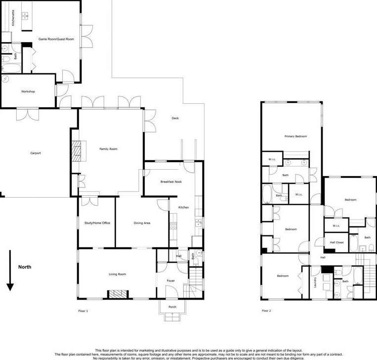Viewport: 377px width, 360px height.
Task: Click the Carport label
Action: pos(35,153)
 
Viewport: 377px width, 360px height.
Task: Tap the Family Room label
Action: pos(108,149)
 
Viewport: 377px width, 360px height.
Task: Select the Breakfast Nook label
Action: pos(171,182)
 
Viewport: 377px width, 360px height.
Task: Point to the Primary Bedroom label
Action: pos(295,136)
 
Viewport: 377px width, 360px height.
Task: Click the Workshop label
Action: pos(28,91)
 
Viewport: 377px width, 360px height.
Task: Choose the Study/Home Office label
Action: pos(97,223)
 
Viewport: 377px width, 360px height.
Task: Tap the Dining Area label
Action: pos(142,223)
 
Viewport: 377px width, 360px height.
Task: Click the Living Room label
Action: pos(118,274)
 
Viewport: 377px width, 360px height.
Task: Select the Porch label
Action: pos(172,307)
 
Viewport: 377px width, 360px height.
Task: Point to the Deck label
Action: pos(175,118)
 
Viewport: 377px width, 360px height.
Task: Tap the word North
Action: pos(25,267)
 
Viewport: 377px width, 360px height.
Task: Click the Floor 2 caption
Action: pos(266,311)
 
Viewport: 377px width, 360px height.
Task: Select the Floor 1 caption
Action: pos(83,311)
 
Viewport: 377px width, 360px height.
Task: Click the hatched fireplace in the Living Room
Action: pos(117,294)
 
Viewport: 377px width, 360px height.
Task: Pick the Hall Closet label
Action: pos(336,242)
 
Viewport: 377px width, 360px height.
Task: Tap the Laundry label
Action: pos(315,283)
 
